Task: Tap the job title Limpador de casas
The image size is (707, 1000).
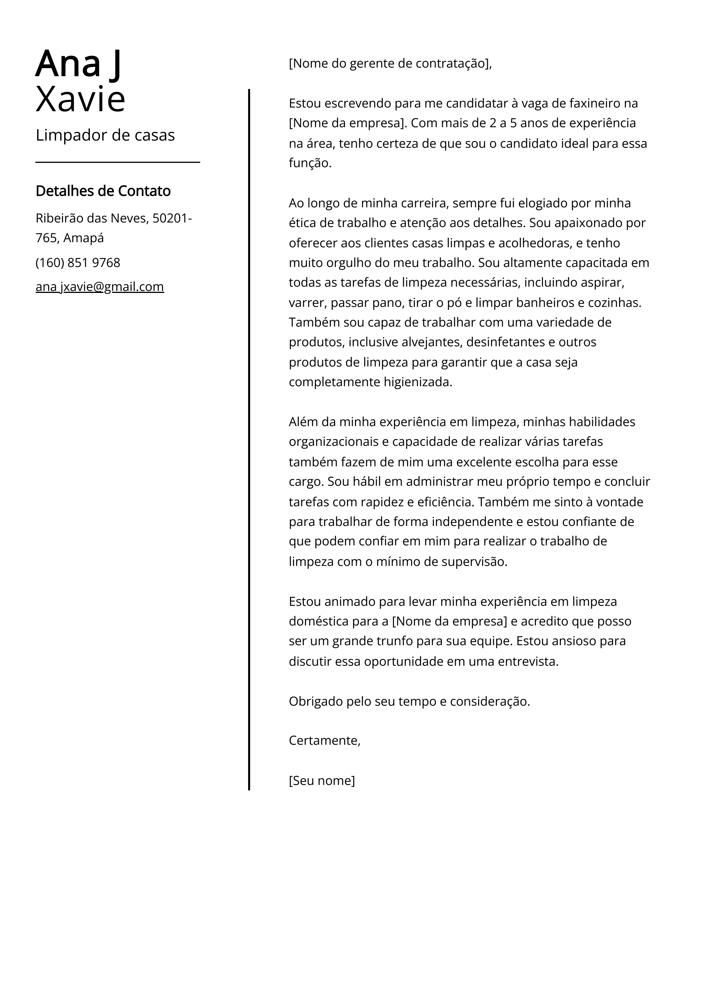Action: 105,135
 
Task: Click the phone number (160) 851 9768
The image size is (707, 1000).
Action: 78,263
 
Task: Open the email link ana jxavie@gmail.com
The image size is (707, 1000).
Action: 100,287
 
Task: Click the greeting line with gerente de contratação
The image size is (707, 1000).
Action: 390,64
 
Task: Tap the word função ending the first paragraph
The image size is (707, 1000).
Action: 310,163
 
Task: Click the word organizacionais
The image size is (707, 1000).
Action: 333,442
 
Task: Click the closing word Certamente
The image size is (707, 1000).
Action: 324,740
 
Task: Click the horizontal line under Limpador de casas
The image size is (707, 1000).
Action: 118,163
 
